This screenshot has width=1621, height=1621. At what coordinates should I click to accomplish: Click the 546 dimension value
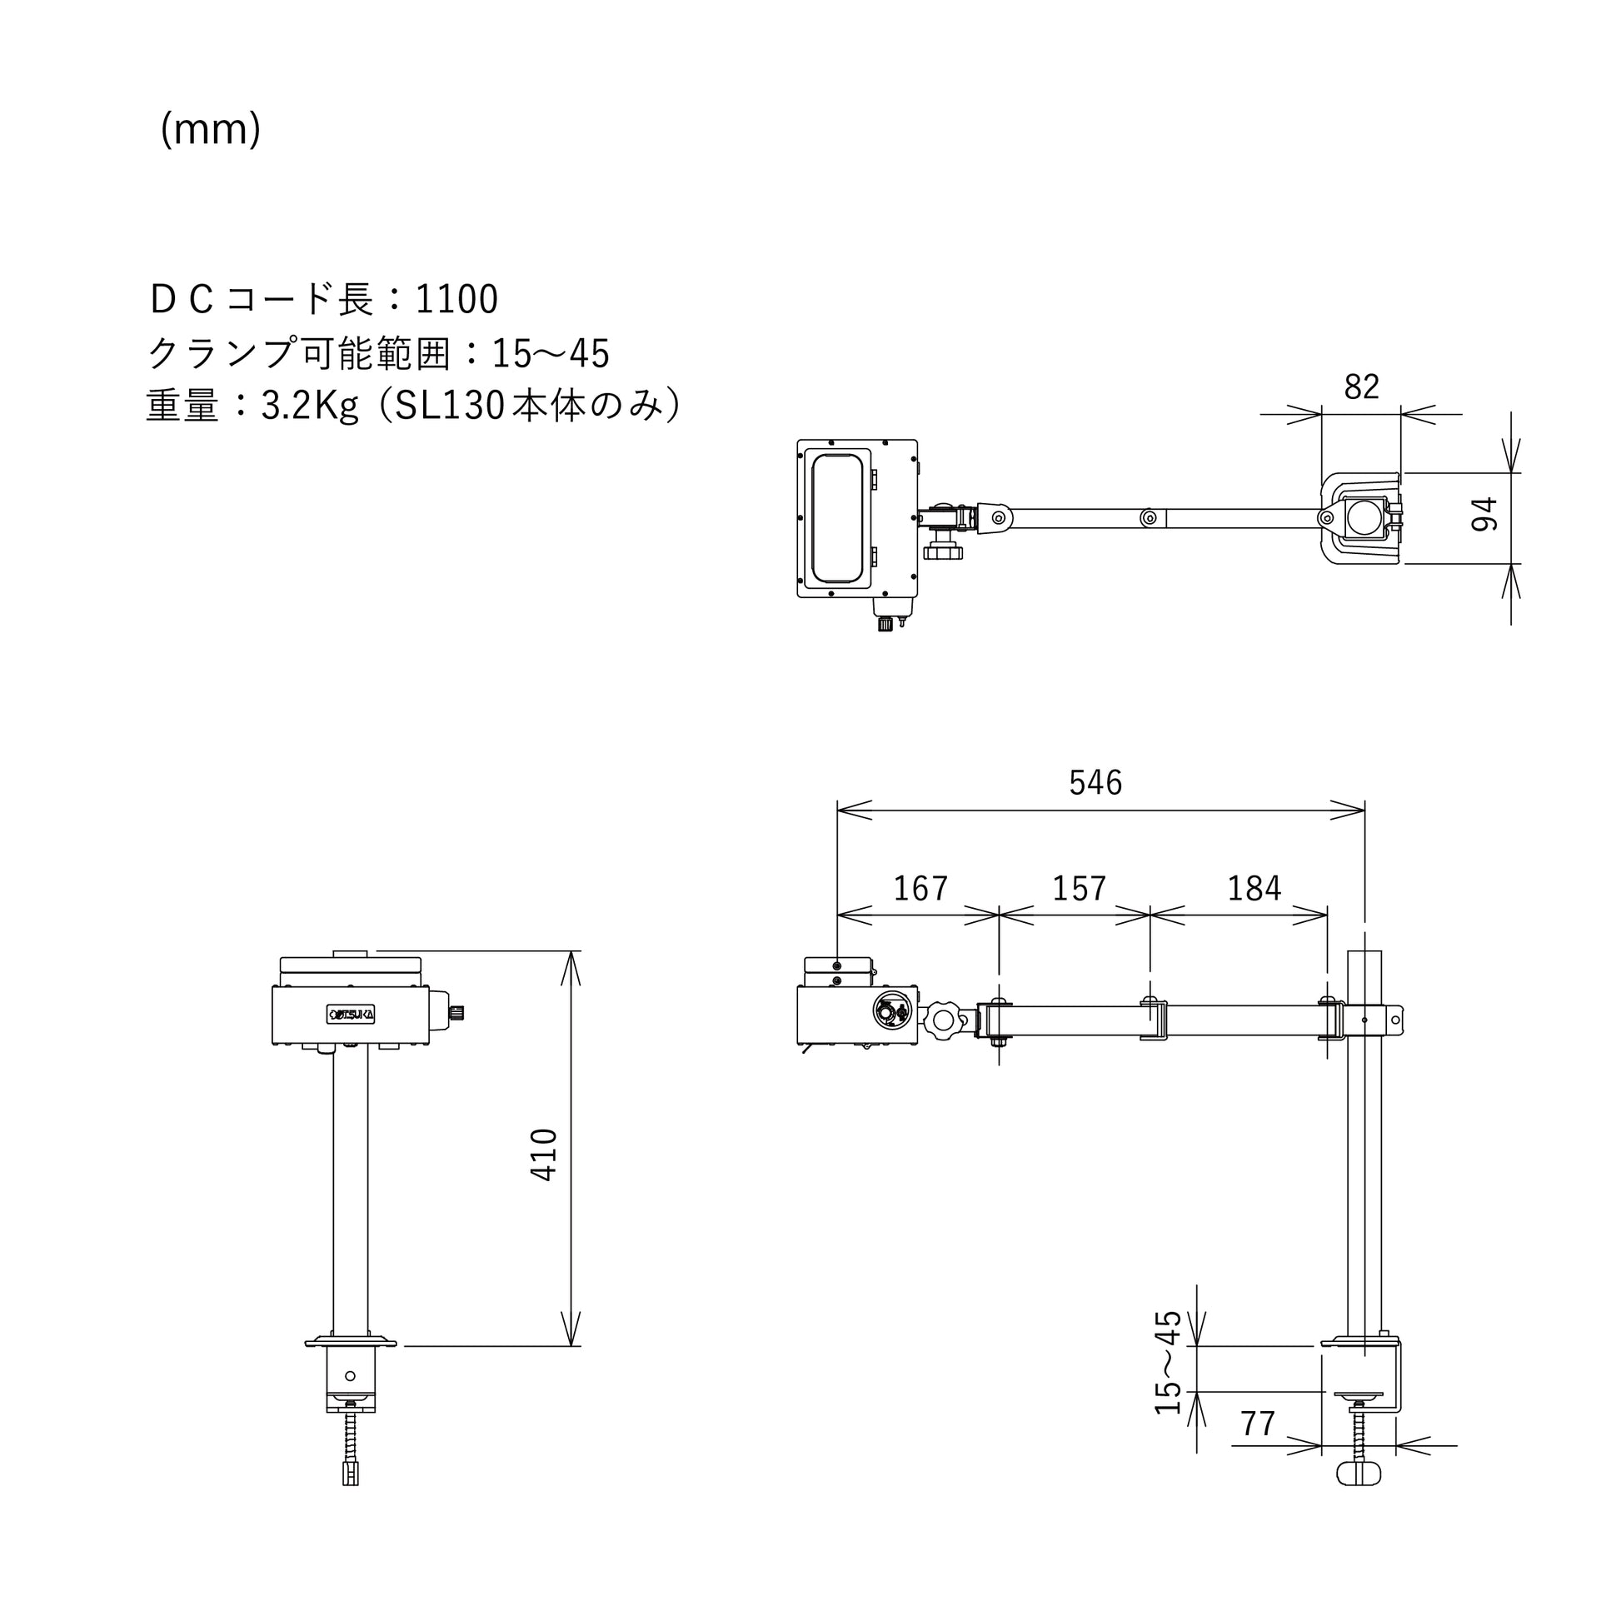pyautogui.click(x=1095, y=783)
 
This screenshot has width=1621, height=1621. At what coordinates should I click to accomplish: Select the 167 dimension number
pyautogui.click(x=920, y=889)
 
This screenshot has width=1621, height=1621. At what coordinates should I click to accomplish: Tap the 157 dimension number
pyautogui.click(x=1079, y=889)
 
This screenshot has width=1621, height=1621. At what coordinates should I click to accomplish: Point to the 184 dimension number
pyautogui.click(x=1254, y=889)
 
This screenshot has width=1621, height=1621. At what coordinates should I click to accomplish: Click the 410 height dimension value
pyautogui.click(x=545, y=1155)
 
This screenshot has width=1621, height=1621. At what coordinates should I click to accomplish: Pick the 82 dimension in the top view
pyautogui.click(x=1361, y=387)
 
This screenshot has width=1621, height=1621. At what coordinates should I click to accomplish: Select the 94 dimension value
pyautogui.click(x=1484, y=514)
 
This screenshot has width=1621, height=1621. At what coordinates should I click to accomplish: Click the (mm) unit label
pyautogui.click(x=211, y=130)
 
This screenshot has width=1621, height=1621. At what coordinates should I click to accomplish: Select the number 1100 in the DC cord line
pyautogui.click(x=457, y=300)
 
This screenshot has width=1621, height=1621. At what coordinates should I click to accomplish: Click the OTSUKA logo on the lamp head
pyautogui.click(x=351, y=1015)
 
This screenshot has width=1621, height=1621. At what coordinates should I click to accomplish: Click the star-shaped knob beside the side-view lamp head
pyautogui.click(x=944, y=1020)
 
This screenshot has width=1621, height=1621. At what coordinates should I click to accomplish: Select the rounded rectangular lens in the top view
pyautogui.click(x=836, y=518)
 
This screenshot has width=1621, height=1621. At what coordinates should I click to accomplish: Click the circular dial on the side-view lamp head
pyautogui.click(x=891, y=1012)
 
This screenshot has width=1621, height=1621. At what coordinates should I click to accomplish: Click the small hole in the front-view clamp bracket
pyautogui.click(x=351, y=1376)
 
